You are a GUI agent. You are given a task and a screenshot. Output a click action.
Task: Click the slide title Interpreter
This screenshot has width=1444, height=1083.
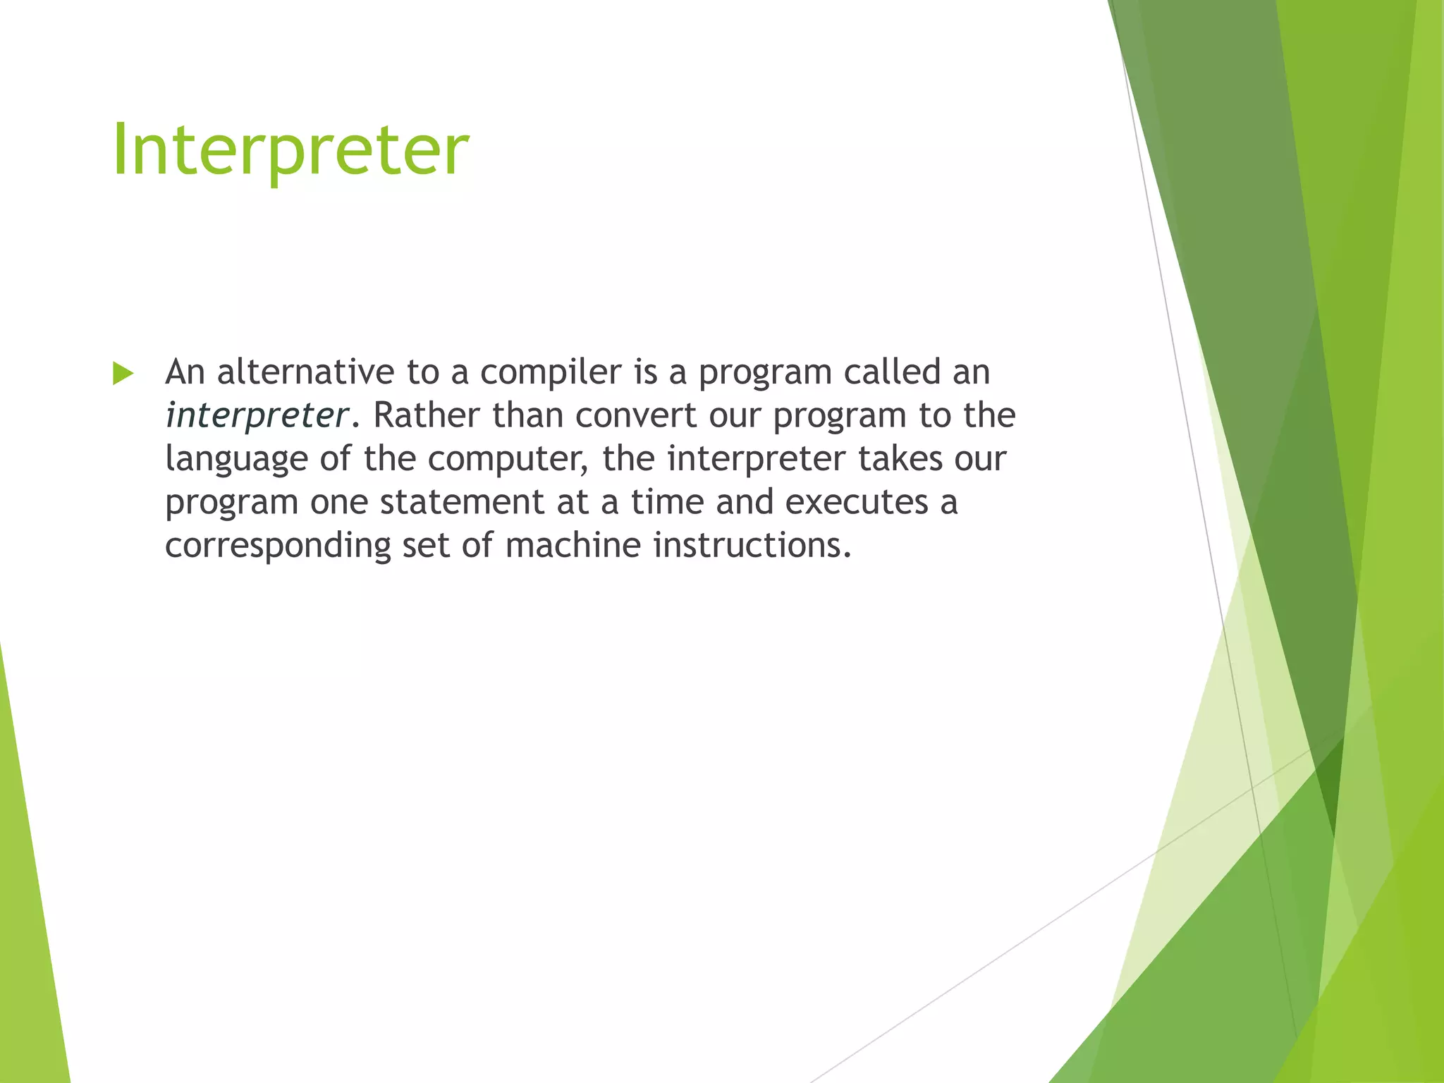click(290, 149)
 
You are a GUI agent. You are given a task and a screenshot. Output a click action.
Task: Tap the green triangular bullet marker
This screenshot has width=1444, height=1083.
click(123, 374)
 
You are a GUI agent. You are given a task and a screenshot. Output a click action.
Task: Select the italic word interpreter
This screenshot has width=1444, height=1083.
click(257, 415)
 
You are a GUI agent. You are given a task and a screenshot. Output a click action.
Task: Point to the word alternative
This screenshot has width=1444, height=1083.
click(305, 372)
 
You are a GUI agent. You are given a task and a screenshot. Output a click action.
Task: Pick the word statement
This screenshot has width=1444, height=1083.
click(462, 502)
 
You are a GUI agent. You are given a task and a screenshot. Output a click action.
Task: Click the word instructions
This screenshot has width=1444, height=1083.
click(752, 545)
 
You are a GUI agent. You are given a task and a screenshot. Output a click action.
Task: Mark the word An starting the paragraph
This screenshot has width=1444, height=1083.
click(185, 372)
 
